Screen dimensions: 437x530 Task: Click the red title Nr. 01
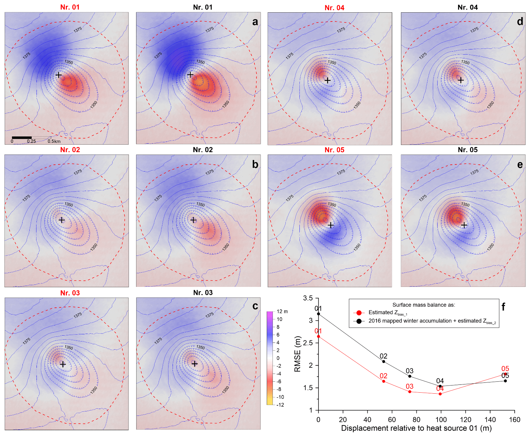pyautogui.click(x=70, y=7)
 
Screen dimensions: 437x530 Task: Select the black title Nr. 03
pyautogui.click(x=203, y=293)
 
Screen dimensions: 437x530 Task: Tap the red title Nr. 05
pyautogui.click(x=334, y=150)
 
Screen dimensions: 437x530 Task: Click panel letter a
pyautogui.click(x=255, y=22)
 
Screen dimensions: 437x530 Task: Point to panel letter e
pyautogui.click(x=520, y=165)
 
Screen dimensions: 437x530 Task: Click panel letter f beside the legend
pyautogui.click(x=503, y=307)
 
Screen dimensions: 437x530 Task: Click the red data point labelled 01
pyautogui.click(x=319, y=336)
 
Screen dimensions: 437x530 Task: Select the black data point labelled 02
pyautogui.click(x=384, y=362)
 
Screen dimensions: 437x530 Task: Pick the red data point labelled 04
pyautogui.click(x=440, y=394)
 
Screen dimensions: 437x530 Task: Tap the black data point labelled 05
pyautogui.click(x=505, y=381)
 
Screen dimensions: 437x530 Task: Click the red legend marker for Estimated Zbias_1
pyautogui.click(x=359, y=312)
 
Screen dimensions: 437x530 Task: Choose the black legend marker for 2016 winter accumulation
pyautogui.click(x=359, y=321)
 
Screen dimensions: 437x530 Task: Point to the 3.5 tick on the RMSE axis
pyautogui.click(x=308, y=298)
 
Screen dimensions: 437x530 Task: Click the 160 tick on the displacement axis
pyautogui.click(x=515, y=420)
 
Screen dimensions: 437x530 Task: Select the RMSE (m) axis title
pyautogui.click(x=298, y=354)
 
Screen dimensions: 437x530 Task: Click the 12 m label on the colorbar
pyautogui.click(x=282, y=311)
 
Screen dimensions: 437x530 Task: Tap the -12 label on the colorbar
pyautogui.click(x=280, y=405)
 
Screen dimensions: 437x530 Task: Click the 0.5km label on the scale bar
pyautogui.click(x=54, y=141)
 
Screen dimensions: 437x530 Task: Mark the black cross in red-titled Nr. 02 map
pyautogui.click(x=61, y=220)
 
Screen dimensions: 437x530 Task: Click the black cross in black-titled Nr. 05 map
pyautogui.click(x=464, y=225)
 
